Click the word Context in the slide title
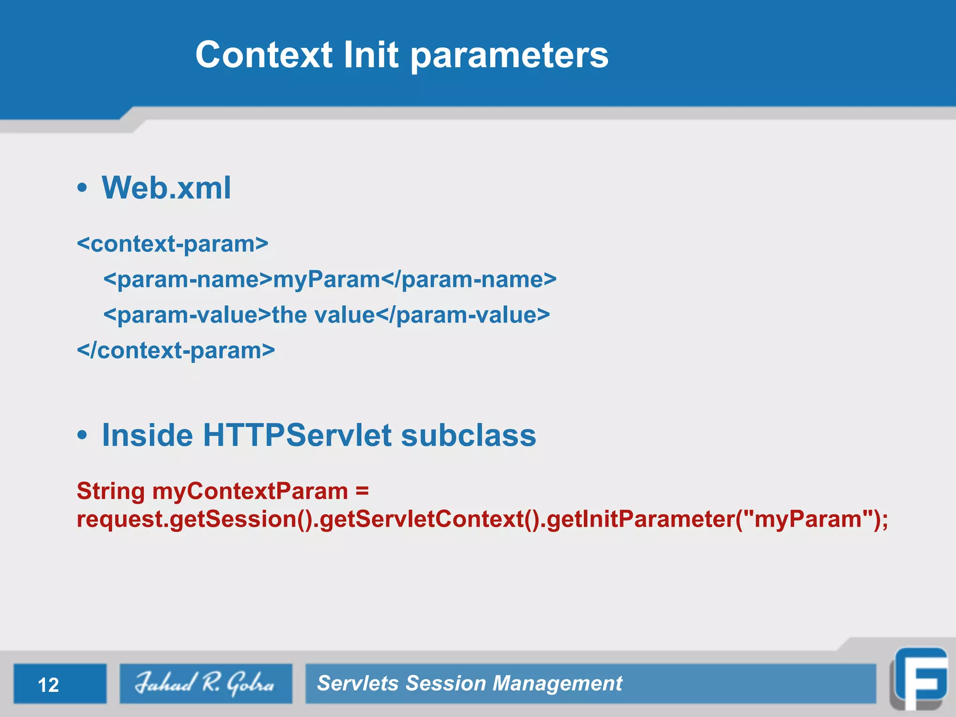tap(264, 55)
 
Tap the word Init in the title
tap(371, 55)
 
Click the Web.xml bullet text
tap(166, 188)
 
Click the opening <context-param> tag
tap(173, 244)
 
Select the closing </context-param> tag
tap(176, 351)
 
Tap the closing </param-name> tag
tap(469, 280)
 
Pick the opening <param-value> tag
tap(187, 315)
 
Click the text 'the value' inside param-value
tap(323, 315)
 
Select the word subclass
tap(468, 435)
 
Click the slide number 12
tap(49, 685)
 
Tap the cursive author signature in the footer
tap(205, 683)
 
